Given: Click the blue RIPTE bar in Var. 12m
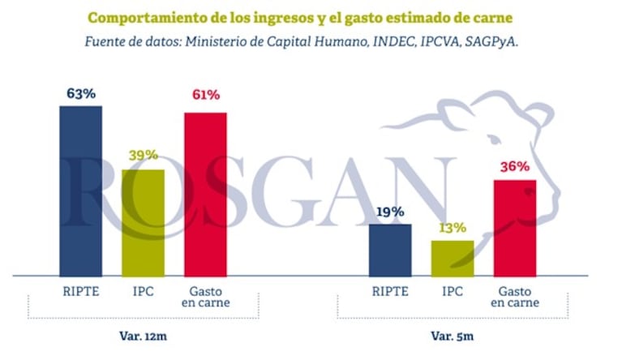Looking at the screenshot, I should [x=81, y=191].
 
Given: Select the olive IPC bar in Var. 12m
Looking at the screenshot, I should [x=143, y=223].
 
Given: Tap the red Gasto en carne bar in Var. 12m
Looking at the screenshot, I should [x=205, y=195].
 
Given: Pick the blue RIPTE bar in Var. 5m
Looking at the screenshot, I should [x=390, y=251].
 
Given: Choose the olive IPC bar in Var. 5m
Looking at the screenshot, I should [x=453, y=259].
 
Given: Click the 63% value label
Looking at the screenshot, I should [x=81, y=94].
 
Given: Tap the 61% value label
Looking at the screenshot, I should [x=205, y=96].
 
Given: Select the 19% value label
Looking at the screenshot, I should [x=390, y=212].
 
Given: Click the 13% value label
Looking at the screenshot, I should [x=453, y=228].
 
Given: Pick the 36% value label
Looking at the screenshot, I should [x=515, y=167].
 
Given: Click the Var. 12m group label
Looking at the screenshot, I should [x=142, y=334].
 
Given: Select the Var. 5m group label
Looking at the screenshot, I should [x=453, y=334].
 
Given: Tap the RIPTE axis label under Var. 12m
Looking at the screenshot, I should [x=81, y=290].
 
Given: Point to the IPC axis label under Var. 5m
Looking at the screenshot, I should [x=453, y=290].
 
